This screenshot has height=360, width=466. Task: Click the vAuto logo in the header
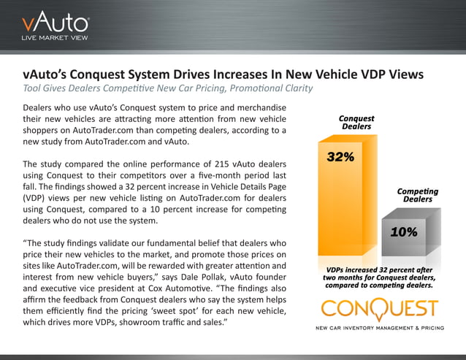click(55, 22)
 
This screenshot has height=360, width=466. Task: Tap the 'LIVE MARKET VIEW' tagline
click(55, 38)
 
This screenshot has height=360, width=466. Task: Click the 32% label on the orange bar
click(340, 157)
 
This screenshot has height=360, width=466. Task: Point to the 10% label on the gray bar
click(403, 232)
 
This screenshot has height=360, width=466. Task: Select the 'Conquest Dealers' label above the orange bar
click(356, 122)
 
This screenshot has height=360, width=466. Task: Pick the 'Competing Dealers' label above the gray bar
click(417, 195)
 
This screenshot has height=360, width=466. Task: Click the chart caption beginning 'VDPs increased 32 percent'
click(379, 278)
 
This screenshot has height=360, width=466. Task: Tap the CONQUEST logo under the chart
click(379, 310)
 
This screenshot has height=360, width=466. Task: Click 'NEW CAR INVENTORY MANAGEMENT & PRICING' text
click(379, 328)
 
